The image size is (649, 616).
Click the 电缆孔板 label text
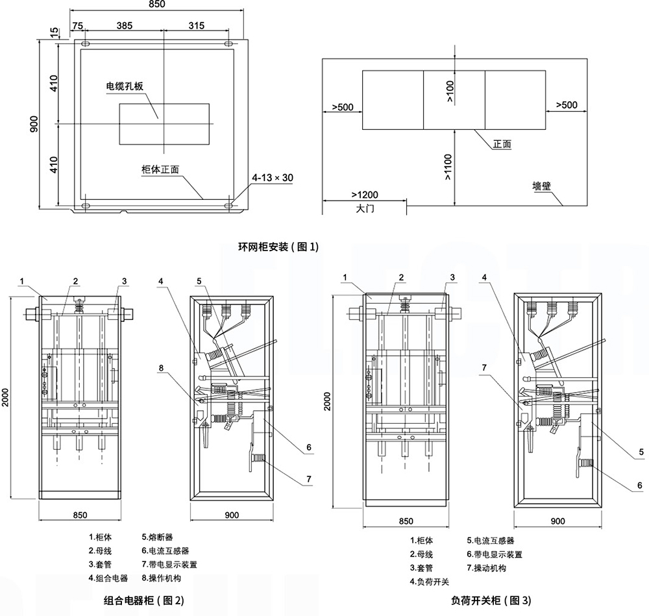pyautogui.click(x=125, y=86)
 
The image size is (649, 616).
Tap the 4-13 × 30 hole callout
pyautogui.click(x=273, y=178)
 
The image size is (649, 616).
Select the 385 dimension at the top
pyautogui.click(x=124, y=26)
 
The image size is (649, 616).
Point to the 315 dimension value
pyautogui.click(x=196, y=26)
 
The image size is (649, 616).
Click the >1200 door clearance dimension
pyautogui.click(x=365, y=195)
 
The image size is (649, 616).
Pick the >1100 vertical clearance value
pyautogui.click(x=448, y=167)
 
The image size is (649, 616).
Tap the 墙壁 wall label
pyautogui.click(x=541, y=186)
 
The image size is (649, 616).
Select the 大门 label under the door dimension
pyautogui.click(x=365, y=208)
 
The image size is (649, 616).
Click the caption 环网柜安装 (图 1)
pyautogui.click(x=278, y=247)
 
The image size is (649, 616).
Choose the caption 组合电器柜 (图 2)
pyautogui.click(x=143, y=600)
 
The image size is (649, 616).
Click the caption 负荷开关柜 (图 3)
pyautogui.click(x=491, y=600)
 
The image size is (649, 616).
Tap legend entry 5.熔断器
pyautogui.click(x=157, y=537)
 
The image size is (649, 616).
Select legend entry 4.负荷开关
pyautogui.click(x=429, y=582)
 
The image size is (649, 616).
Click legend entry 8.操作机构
pyautogui.click(x=162, y=578)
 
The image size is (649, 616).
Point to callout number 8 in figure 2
pyautogui.click(x=161, y=367)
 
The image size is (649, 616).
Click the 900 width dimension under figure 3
pyautogui.click(x=557, y=521)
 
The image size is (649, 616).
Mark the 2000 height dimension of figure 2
pyautogui.click(x=5, y=397)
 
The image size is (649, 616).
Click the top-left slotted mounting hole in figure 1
pyautogui.click(x=86, y=43)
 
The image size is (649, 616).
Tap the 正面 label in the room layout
pyautogui.click(x=502, y=144)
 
